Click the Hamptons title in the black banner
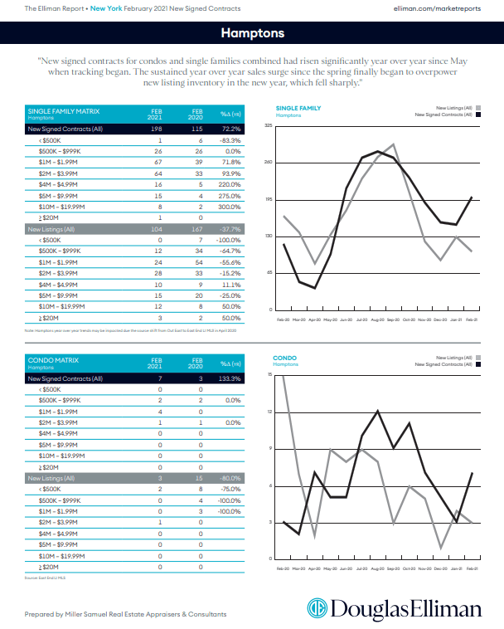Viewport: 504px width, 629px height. pyautogui.click(x=252, y=33)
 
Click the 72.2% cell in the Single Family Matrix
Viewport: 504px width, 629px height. pyautogui.click(x=230, y=129)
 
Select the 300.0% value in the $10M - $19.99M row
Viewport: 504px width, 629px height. pyautogui.click(x=230, y=206)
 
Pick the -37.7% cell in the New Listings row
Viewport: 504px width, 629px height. pyautogui.click(x=230, y=228)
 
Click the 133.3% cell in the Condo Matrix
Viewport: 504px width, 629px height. pyautogui.click(x=230, y=378)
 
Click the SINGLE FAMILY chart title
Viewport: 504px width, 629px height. pyautogui.click(x=297, y=108)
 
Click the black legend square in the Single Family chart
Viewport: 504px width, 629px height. pyautogui.click(x=478, y=115)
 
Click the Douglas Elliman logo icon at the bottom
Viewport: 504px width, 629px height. pyautogui.click(x=318, y=610)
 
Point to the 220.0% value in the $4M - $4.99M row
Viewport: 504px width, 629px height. pyautogui.click(x=230, y=184)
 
